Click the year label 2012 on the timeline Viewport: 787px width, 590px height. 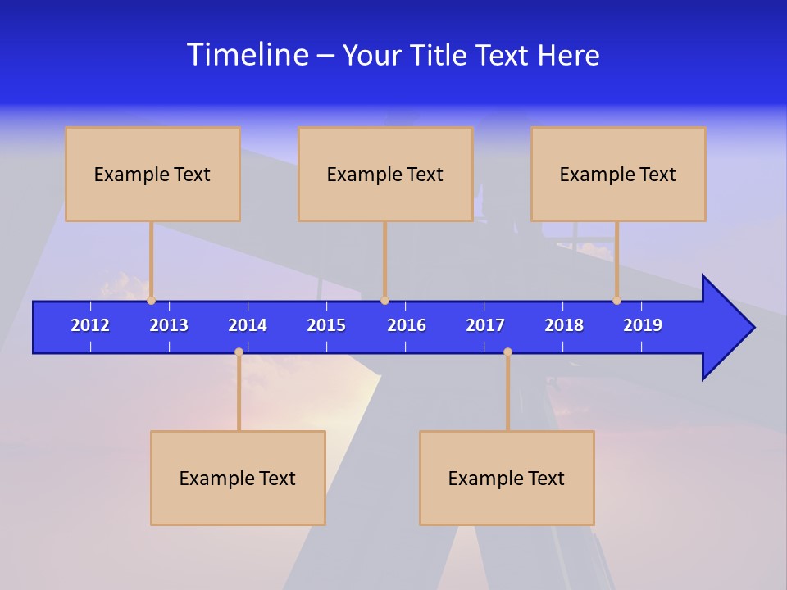(x=90, y=325)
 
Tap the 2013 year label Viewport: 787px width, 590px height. (x=169, y=325)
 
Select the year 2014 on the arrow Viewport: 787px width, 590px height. (x=248, y=325)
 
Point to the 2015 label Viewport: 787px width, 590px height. (x=326, y=325)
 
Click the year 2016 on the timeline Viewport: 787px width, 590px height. (x=407, y=325)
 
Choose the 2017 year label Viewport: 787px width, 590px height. (x=485, y=325)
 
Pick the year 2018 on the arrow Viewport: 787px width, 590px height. (x=564, y=325)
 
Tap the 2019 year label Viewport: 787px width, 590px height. (x=643, y=325)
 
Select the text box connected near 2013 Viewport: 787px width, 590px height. (x=152, y=174)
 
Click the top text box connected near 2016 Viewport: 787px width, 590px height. (x=385, y=174)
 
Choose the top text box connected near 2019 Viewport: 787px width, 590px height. (x=618, y=174)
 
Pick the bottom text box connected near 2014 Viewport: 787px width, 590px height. (x=238, y=478)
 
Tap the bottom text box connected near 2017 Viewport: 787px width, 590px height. (x=507, y=478)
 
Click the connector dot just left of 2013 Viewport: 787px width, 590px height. (x=152, y=301)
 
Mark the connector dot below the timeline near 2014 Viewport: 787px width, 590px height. (x=239, y=352)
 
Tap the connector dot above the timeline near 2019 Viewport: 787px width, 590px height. (x=617, y=301)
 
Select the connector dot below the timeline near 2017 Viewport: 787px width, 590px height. (x=507, y=352)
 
